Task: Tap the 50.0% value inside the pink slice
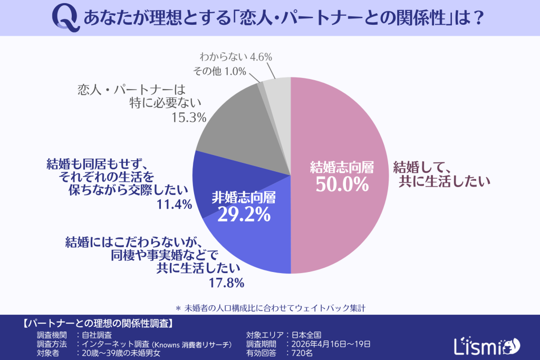point(342,184)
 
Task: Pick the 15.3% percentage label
point(188,118)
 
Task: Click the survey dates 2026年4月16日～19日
point(327,344)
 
